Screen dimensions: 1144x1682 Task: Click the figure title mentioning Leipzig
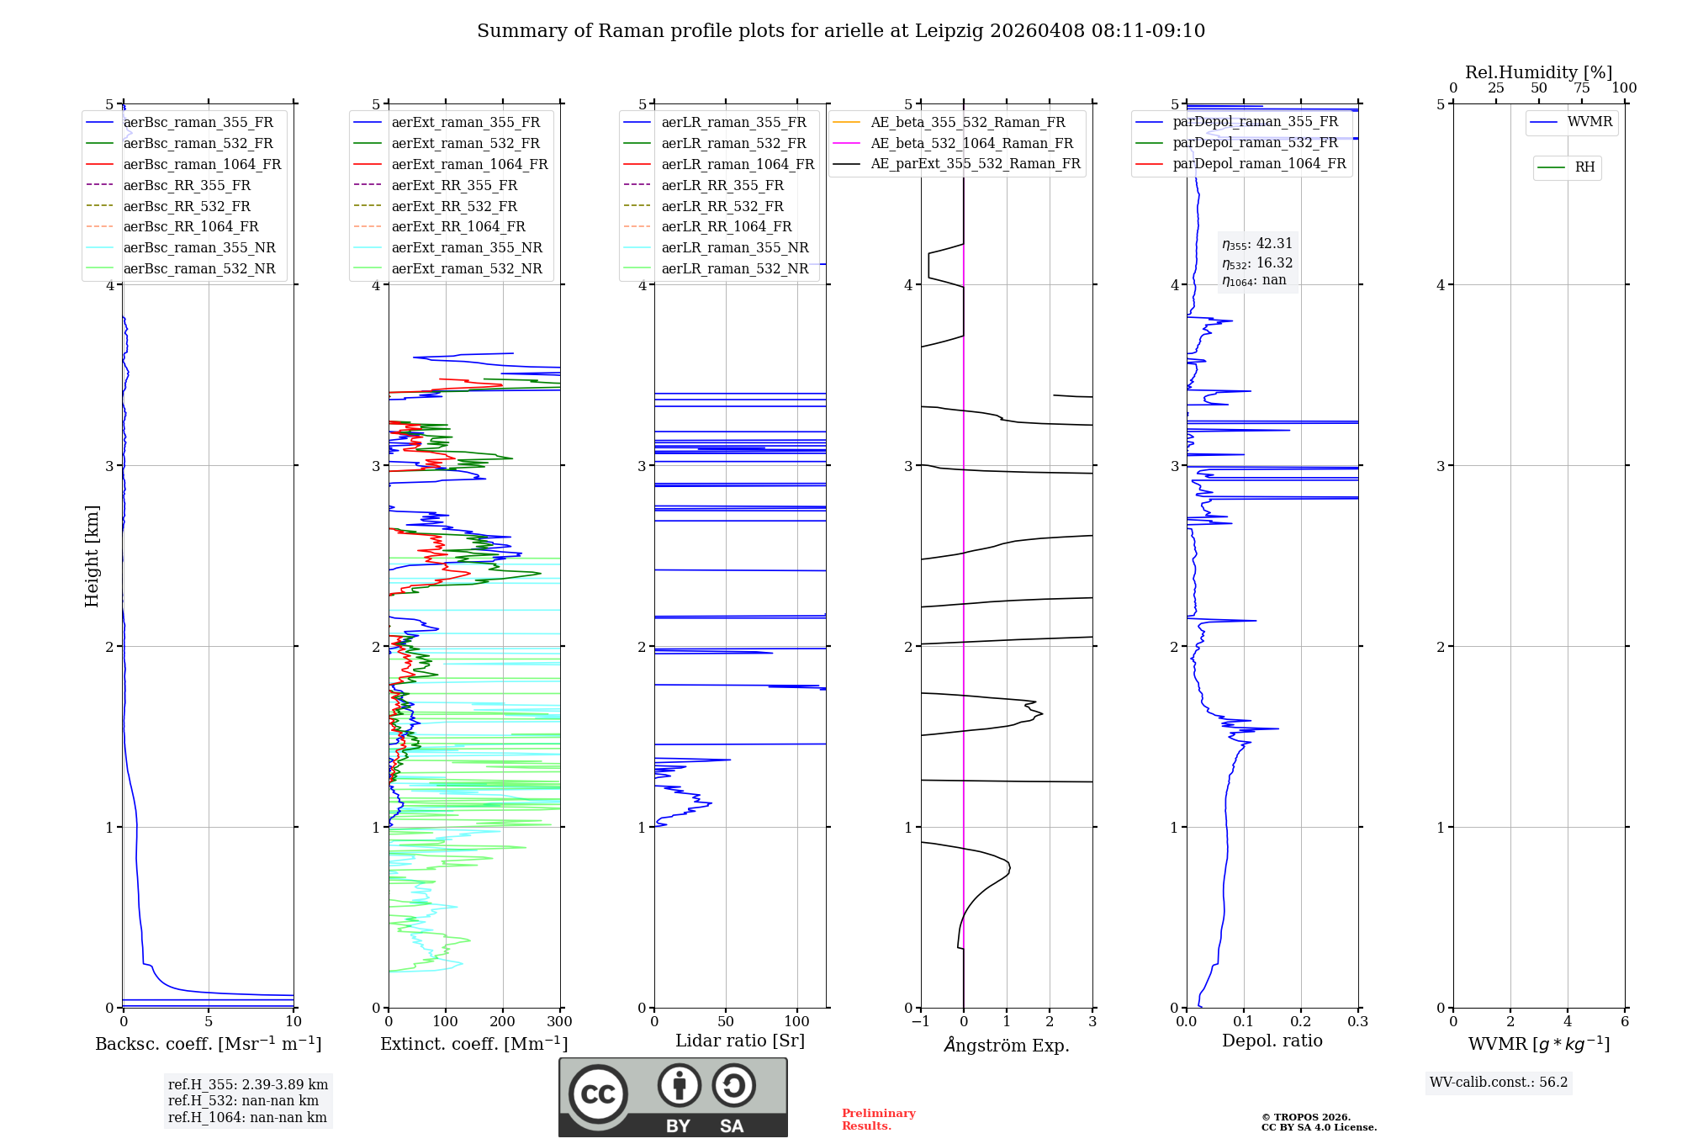pyautogui.click(x=841, y=31)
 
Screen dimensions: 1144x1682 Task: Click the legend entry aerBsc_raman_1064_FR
pyautogui.click(x=202, y=165)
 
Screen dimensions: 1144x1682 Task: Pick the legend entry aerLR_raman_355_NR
pyautogui.click(x=734, y=248)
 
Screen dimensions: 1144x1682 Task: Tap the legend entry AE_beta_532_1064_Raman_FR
pyautogui.click(x=971, y=144)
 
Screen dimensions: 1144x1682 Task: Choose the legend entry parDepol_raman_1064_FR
pyautogui.click(x=1259, y=164)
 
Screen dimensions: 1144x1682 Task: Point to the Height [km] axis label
pyautogui.click(x=92, y=556)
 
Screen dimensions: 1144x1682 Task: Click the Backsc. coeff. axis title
pyautogui.click(x=208, y=1044)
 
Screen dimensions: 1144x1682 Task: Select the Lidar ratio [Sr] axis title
pyautogui.click(x=740, y=1041)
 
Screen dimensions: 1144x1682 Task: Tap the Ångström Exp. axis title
pyautogui.click(x=1007, y=1046)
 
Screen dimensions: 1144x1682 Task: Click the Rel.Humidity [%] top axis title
pyautogui.click(x=1538, y=72)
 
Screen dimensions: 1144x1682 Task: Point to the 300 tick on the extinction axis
pyautogui.click(x=559, y=1022)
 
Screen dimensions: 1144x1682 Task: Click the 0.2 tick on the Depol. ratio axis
pyautogui.click(x=1300, y=1022)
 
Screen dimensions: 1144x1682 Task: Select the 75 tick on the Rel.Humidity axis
pyautogui.click(x=1581, y=88)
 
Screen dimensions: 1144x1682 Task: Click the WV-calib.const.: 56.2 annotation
pyautogui.click(x=1499, y=1083)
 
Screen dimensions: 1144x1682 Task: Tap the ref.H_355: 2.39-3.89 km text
pyautogui.click(x=248, y=1085)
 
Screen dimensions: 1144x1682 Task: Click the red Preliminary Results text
pyautogui.click(x=878, y=1120)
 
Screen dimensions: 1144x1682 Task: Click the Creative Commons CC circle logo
pyautogui.click(x=598, y=1094)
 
